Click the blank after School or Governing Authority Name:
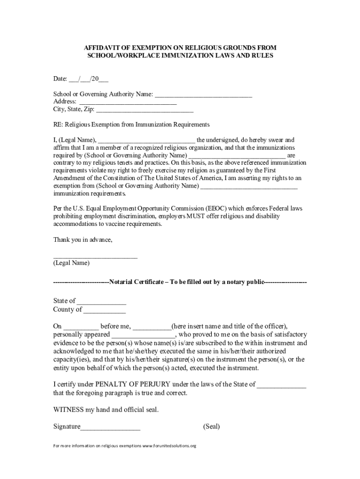(x=203, y=94)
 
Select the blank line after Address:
(x=128, y=102)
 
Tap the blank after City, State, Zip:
(x=144, y=110)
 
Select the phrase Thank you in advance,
(x=83, y=240)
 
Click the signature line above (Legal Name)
(x=95, y=256)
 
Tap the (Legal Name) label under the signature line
(x=71, y=263)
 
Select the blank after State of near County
(x=101, y=301)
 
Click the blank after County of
(x=105, y=310)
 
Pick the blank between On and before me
(x=81, y=327)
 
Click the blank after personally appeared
(x=143, y=335)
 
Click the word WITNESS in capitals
(x=68, y=410)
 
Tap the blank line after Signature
(x=110, y=427)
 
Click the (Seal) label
(x=211, y=427)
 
